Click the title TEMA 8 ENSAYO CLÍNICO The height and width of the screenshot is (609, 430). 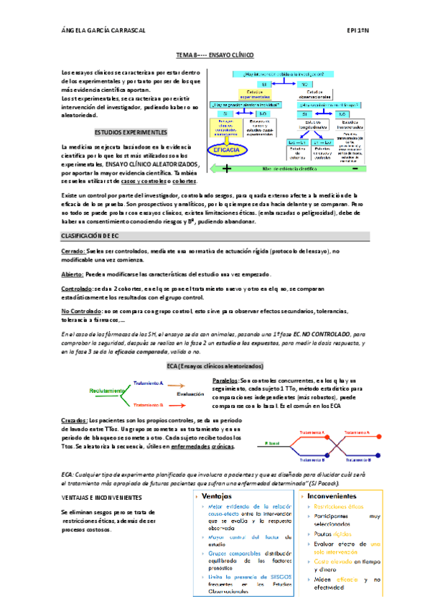(215, 55)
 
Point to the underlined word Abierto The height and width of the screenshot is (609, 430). (72, 274)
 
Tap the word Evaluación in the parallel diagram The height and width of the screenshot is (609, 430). (191, 394)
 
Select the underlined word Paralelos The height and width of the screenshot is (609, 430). (226, 379)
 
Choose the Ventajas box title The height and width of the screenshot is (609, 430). (217, 496)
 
